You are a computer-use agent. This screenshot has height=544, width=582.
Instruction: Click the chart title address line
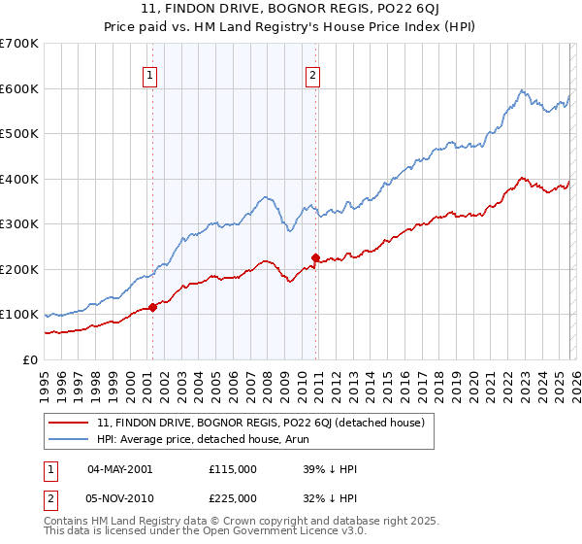click(291, 10)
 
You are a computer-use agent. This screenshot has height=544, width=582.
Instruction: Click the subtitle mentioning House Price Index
click(291, 28)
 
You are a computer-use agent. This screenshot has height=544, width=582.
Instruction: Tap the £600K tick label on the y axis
click(19, 88)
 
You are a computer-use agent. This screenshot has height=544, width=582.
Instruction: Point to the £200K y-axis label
click(19, 269)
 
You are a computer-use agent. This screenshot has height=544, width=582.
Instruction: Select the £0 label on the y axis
click(31, 359)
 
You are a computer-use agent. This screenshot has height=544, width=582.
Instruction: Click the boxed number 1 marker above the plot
click(151, 75)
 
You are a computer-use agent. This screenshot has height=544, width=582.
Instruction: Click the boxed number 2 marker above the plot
click(314, 75)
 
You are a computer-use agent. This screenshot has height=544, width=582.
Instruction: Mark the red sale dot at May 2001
click(152, 307)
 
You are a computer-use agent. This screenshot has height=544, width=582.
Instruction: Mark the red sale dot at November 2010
click(315, 257)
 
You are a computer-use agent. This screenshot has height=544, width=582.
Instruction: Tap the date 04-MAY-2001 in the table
click(119, 469)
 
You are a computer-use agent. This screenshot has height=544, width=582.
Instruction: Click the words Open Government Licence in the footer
click(274, 532)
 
